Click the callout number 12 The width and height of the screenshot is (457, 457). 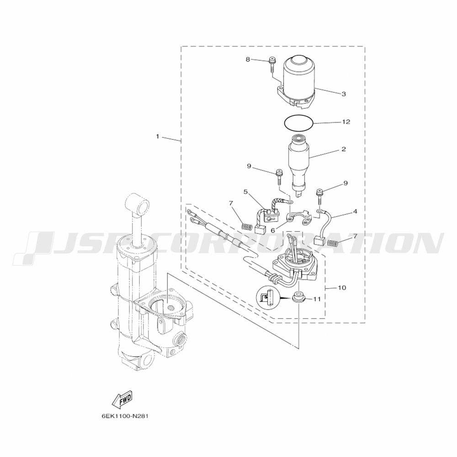pos(346,122)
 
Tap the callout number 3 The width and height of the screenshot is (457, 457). pos(344,94)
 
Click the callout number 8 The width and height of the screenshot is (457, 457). pos(248,59)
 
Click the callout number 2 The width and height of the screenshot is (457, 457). pos(344,149)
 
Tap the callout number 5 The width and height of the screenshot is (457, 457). pos(245,192)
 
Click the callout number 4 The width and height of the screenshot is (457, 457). pos(355,211)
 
